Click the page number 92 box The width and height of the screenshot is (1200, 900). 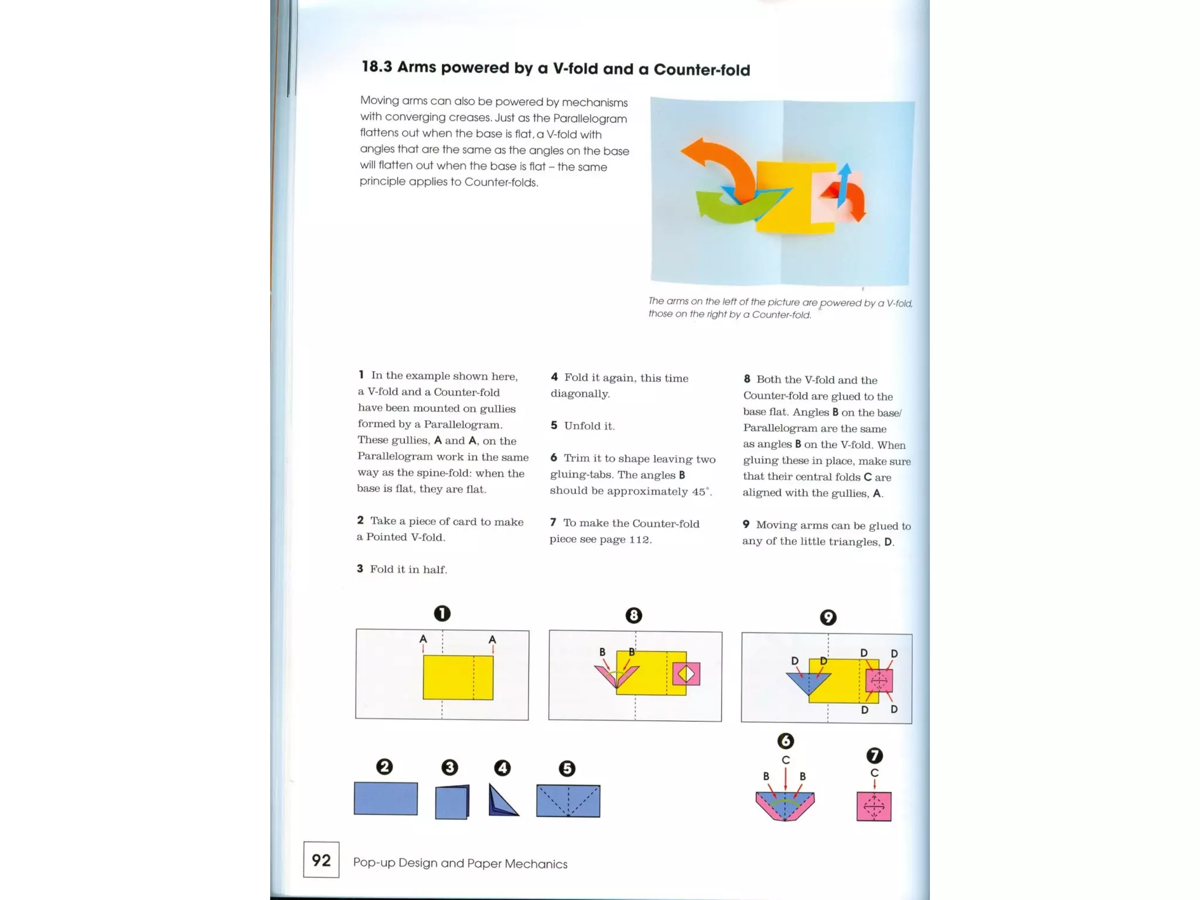tap(321, 860)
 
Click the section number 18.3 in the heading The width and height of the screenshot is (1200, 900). tap(376, 66)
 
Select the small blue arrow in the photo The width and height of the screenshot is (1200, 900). tap(844, 185)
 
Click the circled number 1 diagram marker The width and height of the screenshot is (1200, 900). tap(442, 613)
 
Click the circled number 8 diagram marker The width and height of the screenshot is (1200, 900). tap(633, 615)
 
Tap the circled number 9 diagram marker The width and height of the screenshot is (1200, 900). tap(827, 618)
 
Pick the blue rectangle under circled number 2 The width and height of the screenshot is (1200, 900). tap(386, 798)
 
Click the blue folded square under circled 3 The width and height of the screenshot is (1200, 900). tap(452, 802)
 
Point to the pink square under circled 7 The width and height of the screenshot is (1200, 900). tap(874, 806)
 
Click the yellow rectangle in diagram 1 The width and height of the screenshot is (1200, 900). tap(458, 677)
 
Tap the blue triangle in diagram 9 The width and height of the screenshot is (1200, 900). tap(808, 681)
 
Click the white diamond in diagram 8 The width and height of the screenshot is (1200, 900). tap(686, 674)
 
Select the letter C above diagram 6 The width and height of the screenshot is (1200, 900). tap(786, 760)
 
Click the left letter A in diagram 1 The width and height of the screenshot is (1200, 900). tap(423, 639)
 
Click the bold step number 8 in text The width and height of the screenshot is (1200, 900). tap(746, 379)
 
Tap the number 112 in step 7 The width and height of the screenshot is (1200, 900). tap(639, 539)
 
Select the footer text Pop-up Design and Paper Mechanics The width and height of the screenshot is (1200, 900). tap(460, 863)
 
